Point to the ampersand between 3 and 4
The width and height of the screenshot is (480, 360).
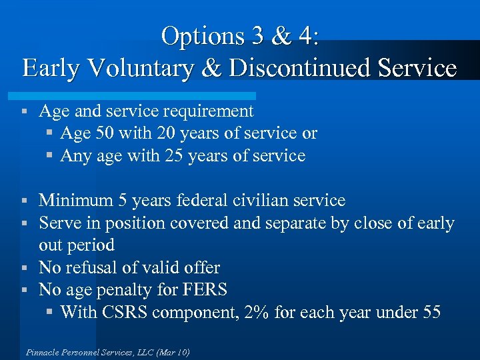point(280,36)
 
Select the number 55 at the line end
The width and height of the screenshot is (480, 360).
point(431,312)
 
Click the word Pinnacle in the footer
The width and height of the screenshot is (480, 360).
point(43,352)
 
